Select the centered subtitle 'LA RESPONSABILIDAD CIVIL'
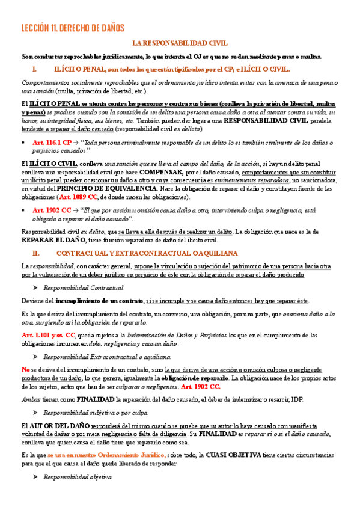180,43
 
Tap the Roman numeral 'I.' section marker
34,70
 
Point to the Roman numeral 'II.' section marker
35,253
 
